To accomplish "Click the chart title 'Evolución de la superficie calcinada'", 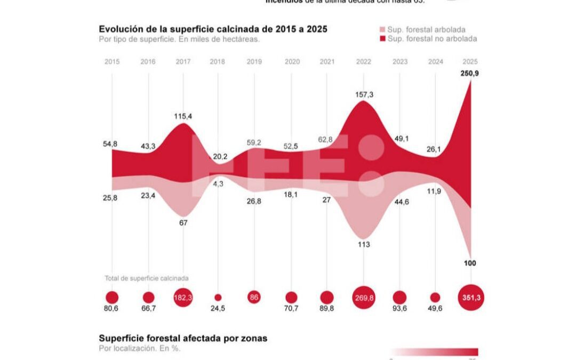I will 213,29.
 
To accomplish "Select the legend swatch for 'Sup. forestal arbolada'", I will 382,30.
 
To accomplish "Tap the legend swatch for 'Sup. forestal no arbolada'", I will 382,39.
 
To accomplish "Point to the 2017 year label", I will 183,62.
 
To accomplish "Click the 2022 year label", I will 363,62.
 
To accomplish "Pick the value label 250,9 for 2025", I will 469,73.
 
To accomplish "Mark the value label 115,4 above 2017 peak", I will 183,116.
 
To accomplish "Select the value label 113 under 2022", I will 364,245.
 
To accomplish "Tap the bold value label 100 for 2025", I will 470,263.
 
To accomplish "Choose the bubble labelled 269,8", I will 364,298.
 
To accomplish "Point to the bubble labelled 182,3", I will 183,298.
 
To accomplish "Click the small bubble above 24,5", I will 218,298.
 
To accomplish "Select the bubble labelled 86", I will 254,298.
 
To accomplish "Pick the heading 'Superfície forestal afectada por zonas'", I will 183,339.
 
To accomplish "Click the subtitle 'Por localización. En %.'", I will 139,349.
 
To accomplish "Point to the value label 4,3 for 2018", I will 219,183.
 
